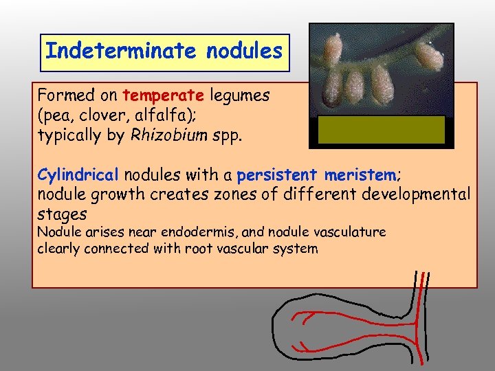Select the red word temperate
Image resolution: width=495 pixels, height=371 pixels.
(x=153, y=95)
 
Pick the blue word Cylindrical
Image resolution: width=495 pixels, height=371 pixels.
(x=78, y=175)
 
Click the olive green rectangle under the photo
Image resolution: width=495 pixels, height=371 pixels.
(x=381, y=130)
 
